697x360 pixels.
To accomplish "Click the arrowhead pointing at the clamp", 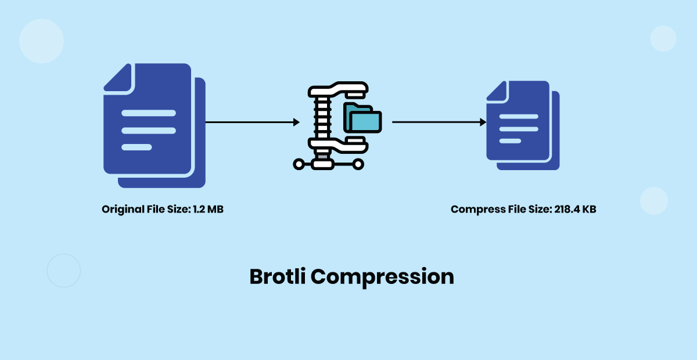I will [x=296, y=123].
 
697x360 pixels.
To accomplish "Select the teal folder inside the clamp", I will [x=365, y=119].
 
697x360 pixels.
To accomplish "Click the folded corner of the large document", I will [x=117, y=77].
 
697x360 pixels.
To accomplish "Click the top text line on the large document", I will [x=148, y=113].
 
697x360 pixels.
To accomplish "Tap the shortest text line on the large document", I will [x=136, y=147].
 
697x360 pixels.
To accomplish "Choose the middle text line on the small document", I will [x=519, y=129].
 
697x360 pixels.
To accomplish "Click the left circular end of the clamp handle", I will [x=299, y=164].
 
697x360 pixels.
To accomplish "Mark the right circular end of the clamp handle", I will [x=358, y=164].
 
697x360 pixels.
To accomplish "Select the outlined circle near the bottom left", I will [x=63, y=271].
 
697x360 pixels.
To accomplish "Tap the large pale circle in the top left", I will [x=41, y=41].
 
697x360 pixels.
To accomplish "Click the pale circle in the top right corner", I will [x=663, y=38].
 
